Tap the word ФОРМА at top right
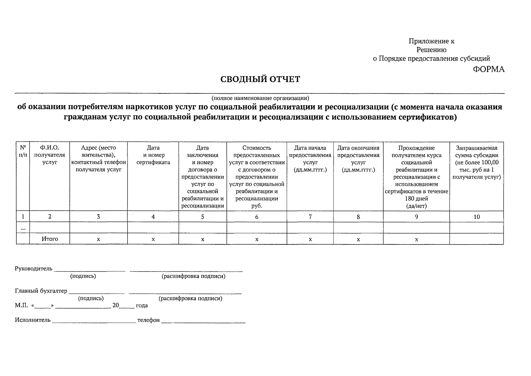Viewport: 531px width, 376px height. [488, 70]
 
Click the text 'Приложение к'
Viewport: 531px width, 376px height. [431, 41]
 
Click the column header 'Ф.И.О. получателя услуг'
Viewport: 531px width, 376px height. [50, 155]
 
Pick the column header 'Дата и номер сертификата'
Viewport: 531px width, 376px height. [153, 155]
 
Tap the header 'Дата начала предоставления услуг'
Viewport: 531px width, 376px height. [310, 159]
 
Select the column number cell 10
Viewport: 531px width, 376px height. [476, 217]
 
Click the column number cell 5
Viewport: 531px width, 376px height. [202, 217]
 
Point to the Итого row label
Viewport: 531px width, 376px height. [50, 239]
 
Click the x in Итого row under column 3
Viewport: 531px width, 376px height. [98, 239]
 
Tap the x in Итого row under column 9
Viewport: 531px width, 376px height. [416, 239]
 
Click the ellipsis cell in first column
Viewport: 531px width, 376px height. [23, 228]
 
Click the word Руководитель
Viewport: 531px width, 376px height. [34, 269]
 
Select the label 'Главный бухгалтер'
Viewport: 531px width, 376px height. [41, 291]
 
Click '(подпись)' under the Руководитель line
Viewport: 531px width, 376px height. [83, 276]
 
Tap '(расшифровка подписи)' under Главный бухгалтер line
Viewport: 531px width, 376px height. [191, 298]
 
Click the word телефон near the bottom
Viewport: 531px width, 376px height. [149, 320]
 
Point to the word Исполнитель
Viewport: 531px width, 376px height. [33, 320]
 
